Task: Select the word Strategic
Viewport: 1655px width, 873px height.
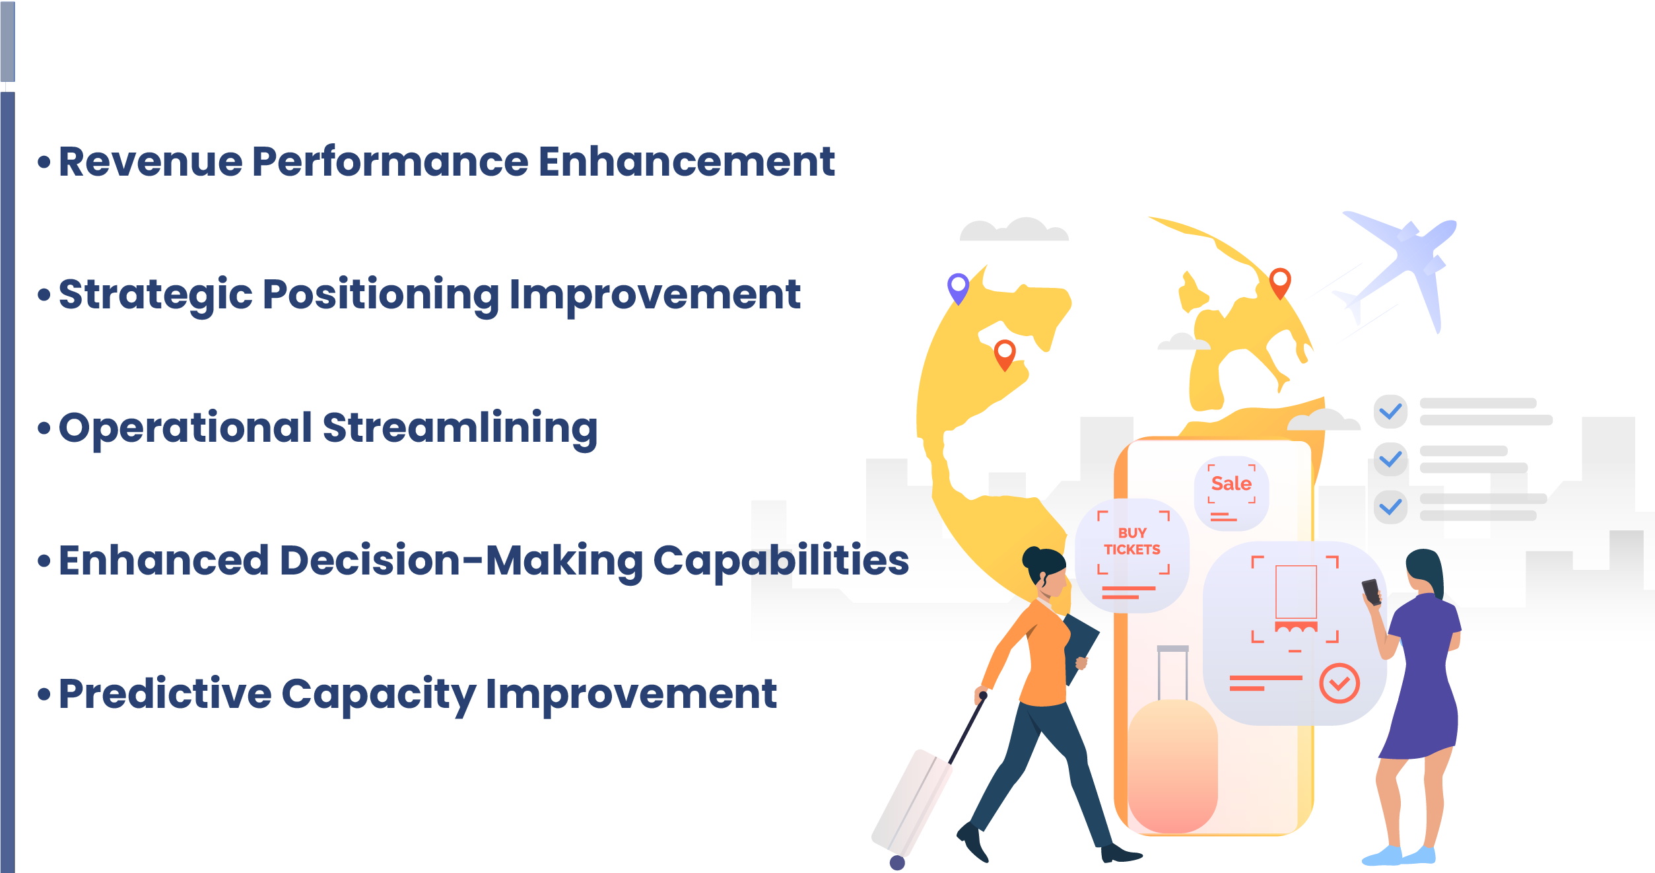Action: [x=156, y=295]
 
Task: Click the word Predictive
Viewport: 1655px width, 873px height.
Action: [x=165, y=695]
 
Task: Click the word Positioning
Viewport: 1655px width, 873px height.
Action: [x=381, y=295]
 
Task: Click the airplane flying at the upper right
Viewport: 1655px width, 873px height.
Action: [x=1400, y=264]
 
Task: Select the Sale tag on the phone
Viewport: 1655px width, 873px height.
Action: [x=1231, y=493]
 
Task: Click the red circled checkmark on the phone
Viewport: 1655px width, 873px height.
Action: [x=1339, y=683]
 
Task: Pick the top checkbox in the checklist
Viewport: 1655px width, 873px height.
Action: [x=1390, y=411]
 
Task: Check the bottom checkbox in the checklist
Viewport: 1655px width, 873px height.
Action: [x=1390, y=506]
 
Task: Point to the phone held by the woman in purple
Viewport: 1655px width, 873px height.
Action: [x=1372, y=592]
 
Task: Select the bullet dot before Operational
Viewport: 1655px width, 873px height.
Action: [x=44, y=429]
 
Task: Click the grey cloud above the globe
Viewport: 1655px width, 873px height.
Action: [x=1014, y=229]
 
